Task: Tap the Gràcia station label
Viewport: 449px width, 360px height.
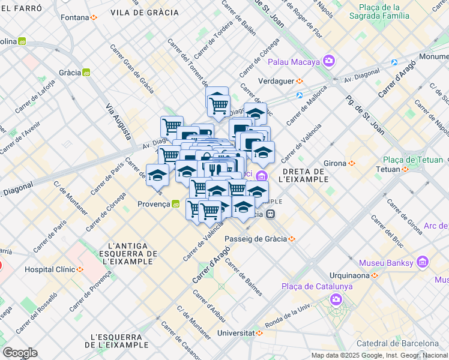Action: point(70,73)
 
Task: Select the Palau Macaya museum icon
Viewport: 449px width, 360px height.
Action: point(328,61)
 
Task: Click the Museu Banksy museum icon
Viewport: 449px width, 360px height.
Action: point(423,262)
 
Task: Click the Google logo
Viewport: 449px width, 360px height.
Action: point(20,352)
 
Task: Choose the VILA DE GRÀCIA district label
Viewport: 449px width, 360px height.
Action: point(145,12)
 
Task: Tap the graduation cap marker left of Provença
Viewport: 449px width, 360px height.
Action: point(157,175)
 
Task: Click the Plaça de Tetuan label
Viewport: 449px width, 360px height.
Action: point(413,160)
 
